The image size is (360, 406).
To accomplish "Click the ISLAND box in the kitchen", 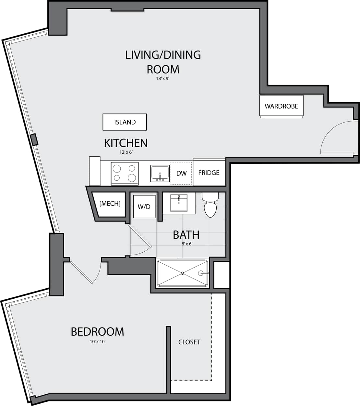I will (125, 122).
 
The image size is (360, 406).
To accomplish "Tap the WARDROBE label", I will (281, 106).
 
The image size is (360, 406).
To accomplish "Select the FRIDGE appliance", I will (209, 173).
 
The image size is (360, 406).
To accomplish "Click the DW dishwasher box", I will (182, 173).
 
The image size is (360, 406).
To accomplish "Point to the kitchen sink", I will (160, 173).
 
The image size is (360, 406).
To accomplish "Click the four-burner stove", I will (125, 173).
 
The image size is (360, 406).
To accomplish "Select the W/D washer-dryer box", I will (144, 207).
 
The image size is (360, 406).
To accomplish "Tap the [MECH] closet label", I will (110, 204).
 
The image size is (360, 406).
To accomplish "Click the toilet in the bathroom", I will (210, 206).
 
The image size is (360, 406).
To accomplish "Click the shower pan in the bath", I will (182, 273).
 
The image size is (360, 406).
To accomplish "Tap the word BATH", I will (186, 234).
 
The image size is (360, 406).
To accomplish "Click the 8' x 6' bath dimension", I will (187, 244).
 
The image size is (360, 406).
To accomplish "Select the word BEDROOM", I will (97, 332).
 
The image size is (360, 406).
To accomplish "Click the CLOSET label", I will (189, 342).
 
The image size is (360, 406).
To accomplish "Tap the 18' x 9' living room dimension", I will (163, 78).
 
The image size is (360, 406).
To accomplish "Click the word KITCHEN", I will (126, 143).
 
